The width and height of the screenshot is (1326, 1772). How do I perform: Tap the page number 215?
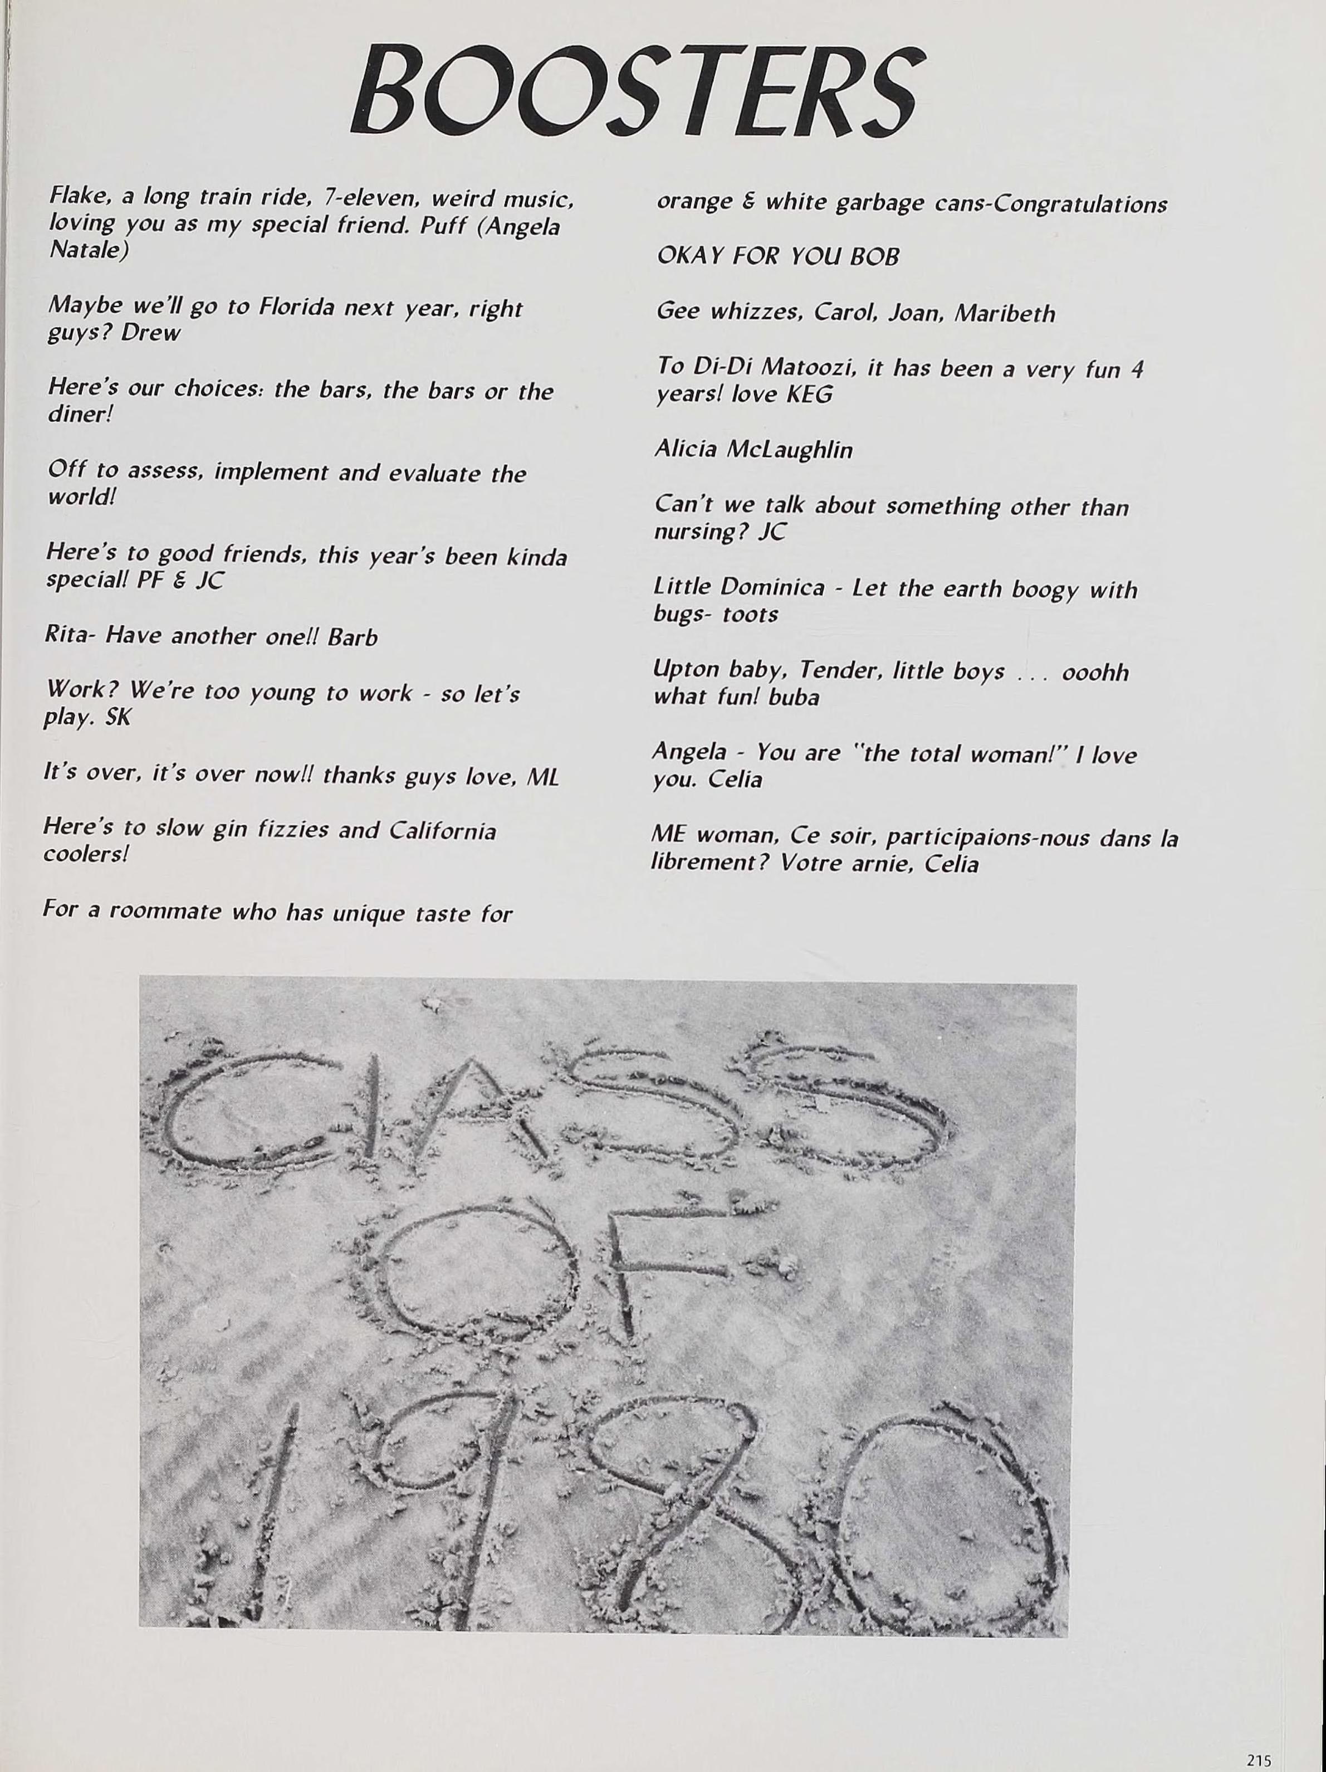tap(1259, 1754)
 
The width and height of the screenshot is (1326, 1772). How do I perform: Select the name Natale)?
tap(88, 250)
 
